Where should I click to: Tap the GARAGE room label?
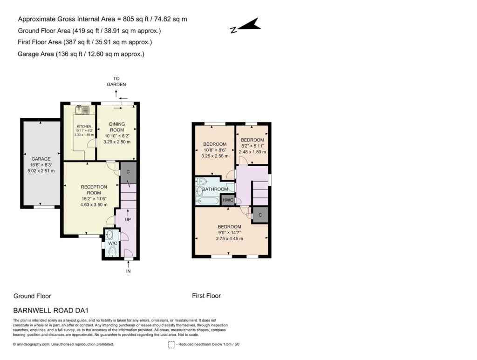click(x=41, y=159)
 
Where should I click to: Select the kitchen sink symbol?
click(x=82, y=110)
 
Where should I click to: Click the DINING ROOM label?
click(x=117, y=127)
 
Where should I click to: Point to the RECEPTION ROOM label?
click(x=94, y=190)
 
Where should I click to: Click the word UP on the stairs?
click(x=128, y=219)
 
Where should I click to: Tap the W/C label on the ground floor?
click(x=113, y=243)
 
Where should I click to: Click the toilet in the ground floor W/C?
click(x=113, y=251)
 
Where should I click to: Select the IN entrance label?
click(x=129, y=271)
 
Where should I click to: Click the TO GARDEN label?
click(x=116, y=82)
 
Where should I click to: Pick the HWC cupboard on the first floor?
click(x=228, y=200)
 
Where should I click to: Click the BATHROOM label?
click(x=215, y=189)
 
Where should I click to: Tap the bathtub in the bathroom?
click(x=207, y=201)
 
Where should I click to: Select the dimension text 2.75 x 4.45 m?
click(x=229, y=238)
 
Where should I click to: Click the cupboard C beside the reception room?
click(x=128, y=172)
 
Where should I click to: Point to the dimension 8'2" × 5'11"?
click(x=252, y=146)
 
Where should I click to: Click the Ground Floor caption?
click(x=32, y=296)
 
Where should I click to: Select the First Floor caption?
click(x=206, y=296)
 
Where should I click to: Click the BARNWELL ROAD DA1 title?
click(x=51, y=311)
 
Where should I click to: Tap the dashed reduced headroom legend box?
click(x=172, y=345)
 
